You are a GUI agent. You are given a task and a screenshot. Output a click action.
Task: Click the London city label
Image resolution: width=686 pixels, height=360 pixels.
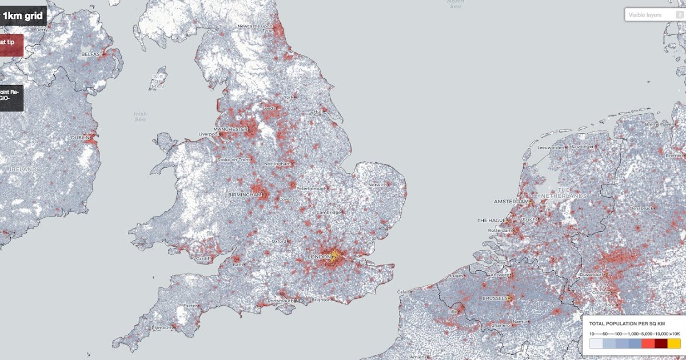(x=320, y=257)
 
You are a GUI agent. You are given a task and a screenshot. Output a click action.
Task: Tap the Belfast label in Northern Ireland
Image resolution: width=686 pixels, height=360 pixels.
(x=92, y=54)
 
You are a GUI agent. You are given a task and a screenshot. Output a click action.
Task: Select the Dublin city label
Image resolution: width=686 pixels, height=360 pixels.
(x=80, y=138)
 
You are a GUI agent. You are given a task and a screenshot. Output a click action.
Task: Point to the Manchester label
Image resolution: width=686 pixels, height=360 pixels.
(x=230, y=129)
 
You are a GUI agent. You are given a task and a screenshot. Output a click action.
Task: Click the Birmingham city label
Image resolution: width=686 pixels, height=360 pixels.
(x=245, y=195)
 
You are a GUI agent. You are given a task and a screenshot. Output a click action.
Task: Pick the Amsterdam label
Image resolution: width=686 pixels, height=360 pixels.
(x=511, y=202)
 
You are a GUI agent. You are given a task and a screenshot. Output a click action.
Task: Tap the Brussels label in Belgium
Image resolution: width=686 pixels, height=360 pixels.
(x=494, y=298)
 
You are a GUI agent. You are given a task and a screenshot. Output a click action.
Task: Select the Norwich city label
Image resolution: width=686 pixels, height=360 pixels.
(x=377, y=185)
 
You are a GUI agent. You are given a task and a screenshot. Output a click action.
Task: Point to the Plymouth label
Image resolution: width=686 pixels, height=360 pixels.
(x=162, y=328)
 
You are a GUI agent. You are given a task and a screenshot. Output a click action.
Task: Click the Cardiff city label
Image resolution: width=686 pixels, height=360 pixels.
(x=203, y=258)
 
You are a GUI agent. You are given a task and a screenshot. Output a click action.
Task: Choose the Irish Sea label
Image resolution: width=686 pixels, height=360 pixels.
(x=140, y=117)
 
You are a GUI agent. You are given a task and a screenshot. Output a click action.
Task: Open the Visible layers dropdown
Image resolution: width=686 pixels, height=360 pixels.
(x=654, y=15)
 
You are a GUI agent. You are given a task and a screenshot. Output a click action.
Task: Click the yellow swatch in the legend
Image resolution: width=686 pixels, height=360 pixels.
(x=674, y=343)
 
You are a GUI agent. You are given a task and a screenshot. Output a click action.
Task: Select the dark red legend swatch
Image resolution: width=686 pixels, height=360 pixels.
(x=661, y=343)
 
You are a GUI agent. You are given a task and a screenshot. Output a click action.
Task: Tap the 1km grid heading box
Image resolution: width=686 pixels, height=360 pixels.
(x=23, y=16)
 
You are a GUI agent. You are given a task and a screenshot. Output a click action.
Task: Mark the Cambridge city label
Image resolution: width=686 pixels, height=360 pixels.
(x=329, y=213)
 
